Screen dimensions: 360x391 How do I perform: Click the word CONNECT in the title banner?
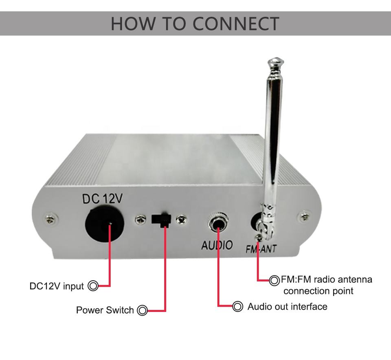[x=236, y=24]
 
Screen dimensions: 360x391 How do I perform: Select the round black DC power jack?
[x=104, y=225]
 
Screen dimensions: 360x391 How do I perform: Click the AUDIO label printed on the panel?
[x=217, y=245]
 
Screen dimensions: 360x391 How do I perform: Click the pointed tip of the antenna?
[x=275, y=62]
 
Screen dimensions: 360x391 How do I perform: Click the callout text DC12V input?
[x=57, y=286]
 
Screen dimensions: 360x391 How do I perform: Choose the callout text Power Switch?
[x=105, y=310]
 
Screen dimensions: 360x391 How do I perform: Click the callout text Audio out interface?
[x=287, y=306]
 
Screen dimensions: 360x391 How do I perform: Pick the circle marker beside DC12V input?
[x=93, y=286]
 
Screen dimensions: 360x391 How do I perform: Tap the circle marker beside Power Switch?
[x=142, y=310]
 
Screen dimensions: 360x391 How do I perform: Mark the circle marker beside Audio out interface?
[x=237, y=306]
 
